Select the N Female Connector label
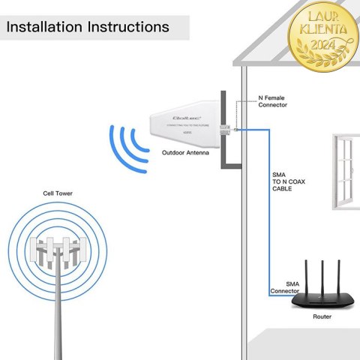(273, 101)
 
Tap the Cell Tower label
(58, 193)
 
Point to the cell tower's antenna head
(57, 252)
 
